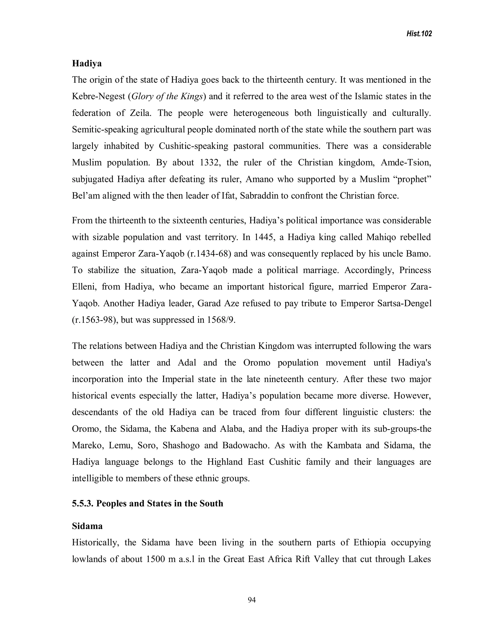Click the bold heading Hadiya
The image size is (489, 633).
click(x=87, y=64)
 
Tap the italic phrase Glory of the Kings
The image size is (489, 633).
click(x=167, y=97)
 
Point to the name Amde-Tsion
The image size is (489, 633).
click(x=406, y=163)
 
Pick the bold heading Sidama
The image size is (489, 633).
click(x=87, y=526)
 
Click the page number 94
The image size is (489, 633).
click(x=252, y=600)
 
